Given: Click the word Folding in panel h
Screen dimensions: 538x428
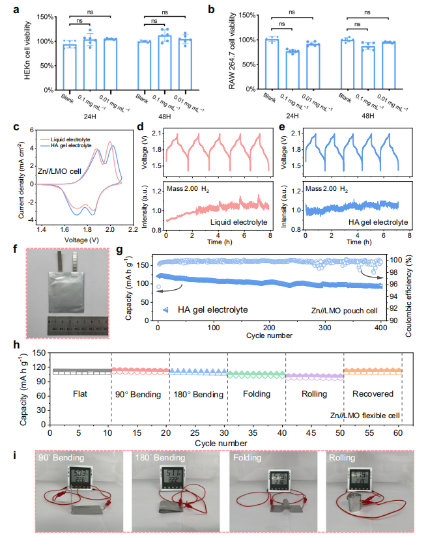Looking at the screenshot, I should [255, 394].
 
